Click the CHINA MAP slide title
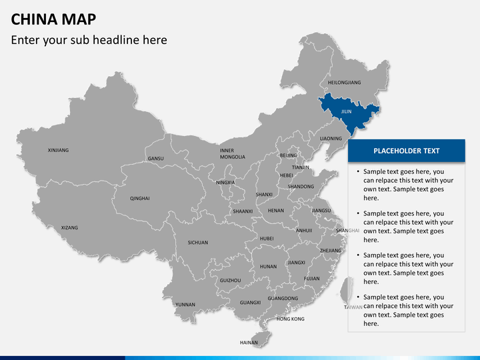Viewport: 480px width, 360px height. click(53, 19)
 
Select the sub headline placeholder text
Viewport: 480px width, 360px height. click(89, 40)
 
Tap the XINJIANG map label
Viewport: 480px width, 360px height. click(58, 150)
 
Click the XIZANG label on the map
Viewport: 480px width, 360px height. click(69, 227)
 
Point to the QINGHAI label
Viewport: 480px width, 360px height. click(140, 198)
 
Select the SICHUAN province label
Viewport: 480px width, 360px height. click(198, 243)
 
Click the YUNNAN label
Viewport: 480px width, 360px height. click(185, 304)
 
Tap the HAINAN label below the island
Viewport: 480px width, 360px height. click(249, 342)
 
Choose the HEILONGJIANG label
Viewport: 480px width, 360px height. click(344, 83)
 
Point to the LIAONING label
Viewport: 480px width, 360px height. click(331, 139)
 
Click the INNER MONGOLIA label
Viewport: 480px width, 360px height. click(232, 154)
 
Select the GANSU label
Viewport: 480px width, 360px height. click(155, 159)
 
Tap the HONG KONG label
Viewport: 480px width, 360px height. click(290, 319)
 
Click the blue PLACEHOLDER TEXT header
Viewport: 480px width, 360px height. click(406, 151)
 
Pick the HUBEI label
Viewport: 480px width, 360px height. click(267, 238)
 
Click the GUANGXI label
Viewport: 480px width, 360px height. click(251, 302)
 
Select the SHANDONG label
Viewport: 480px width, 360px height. click(301, 187)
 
